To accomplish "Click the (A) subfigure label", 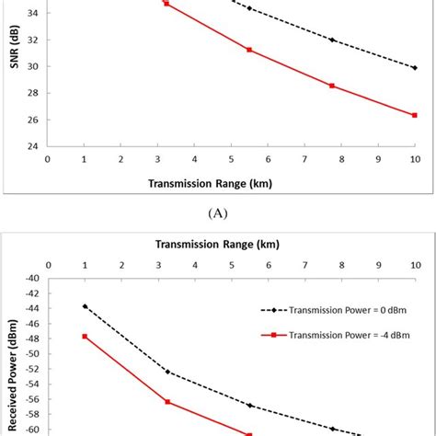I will (x=218, y=212).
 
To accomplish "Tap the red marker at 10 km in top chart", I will (x=414, y=115).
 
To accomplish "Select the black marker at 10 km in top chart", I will (x=414, y=67).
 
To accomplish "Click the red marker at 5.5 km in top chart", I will (x=249, y=50).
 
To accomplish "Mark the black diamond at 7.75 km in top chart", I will (x=332, y=40).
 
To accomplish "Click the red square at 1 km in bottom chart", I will (x=85, y=337).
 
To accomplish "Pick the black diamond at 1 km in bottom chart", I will (x=85, y=306).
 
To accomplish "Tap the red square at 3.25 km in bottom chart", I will (x=167, y=402).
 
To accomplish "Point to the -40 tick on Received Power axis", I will (x=31, y=278).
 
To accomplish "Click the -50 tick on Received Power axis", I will (x=31, y=354).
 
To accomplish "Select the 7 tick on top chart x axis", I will (x=304, y=158).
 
